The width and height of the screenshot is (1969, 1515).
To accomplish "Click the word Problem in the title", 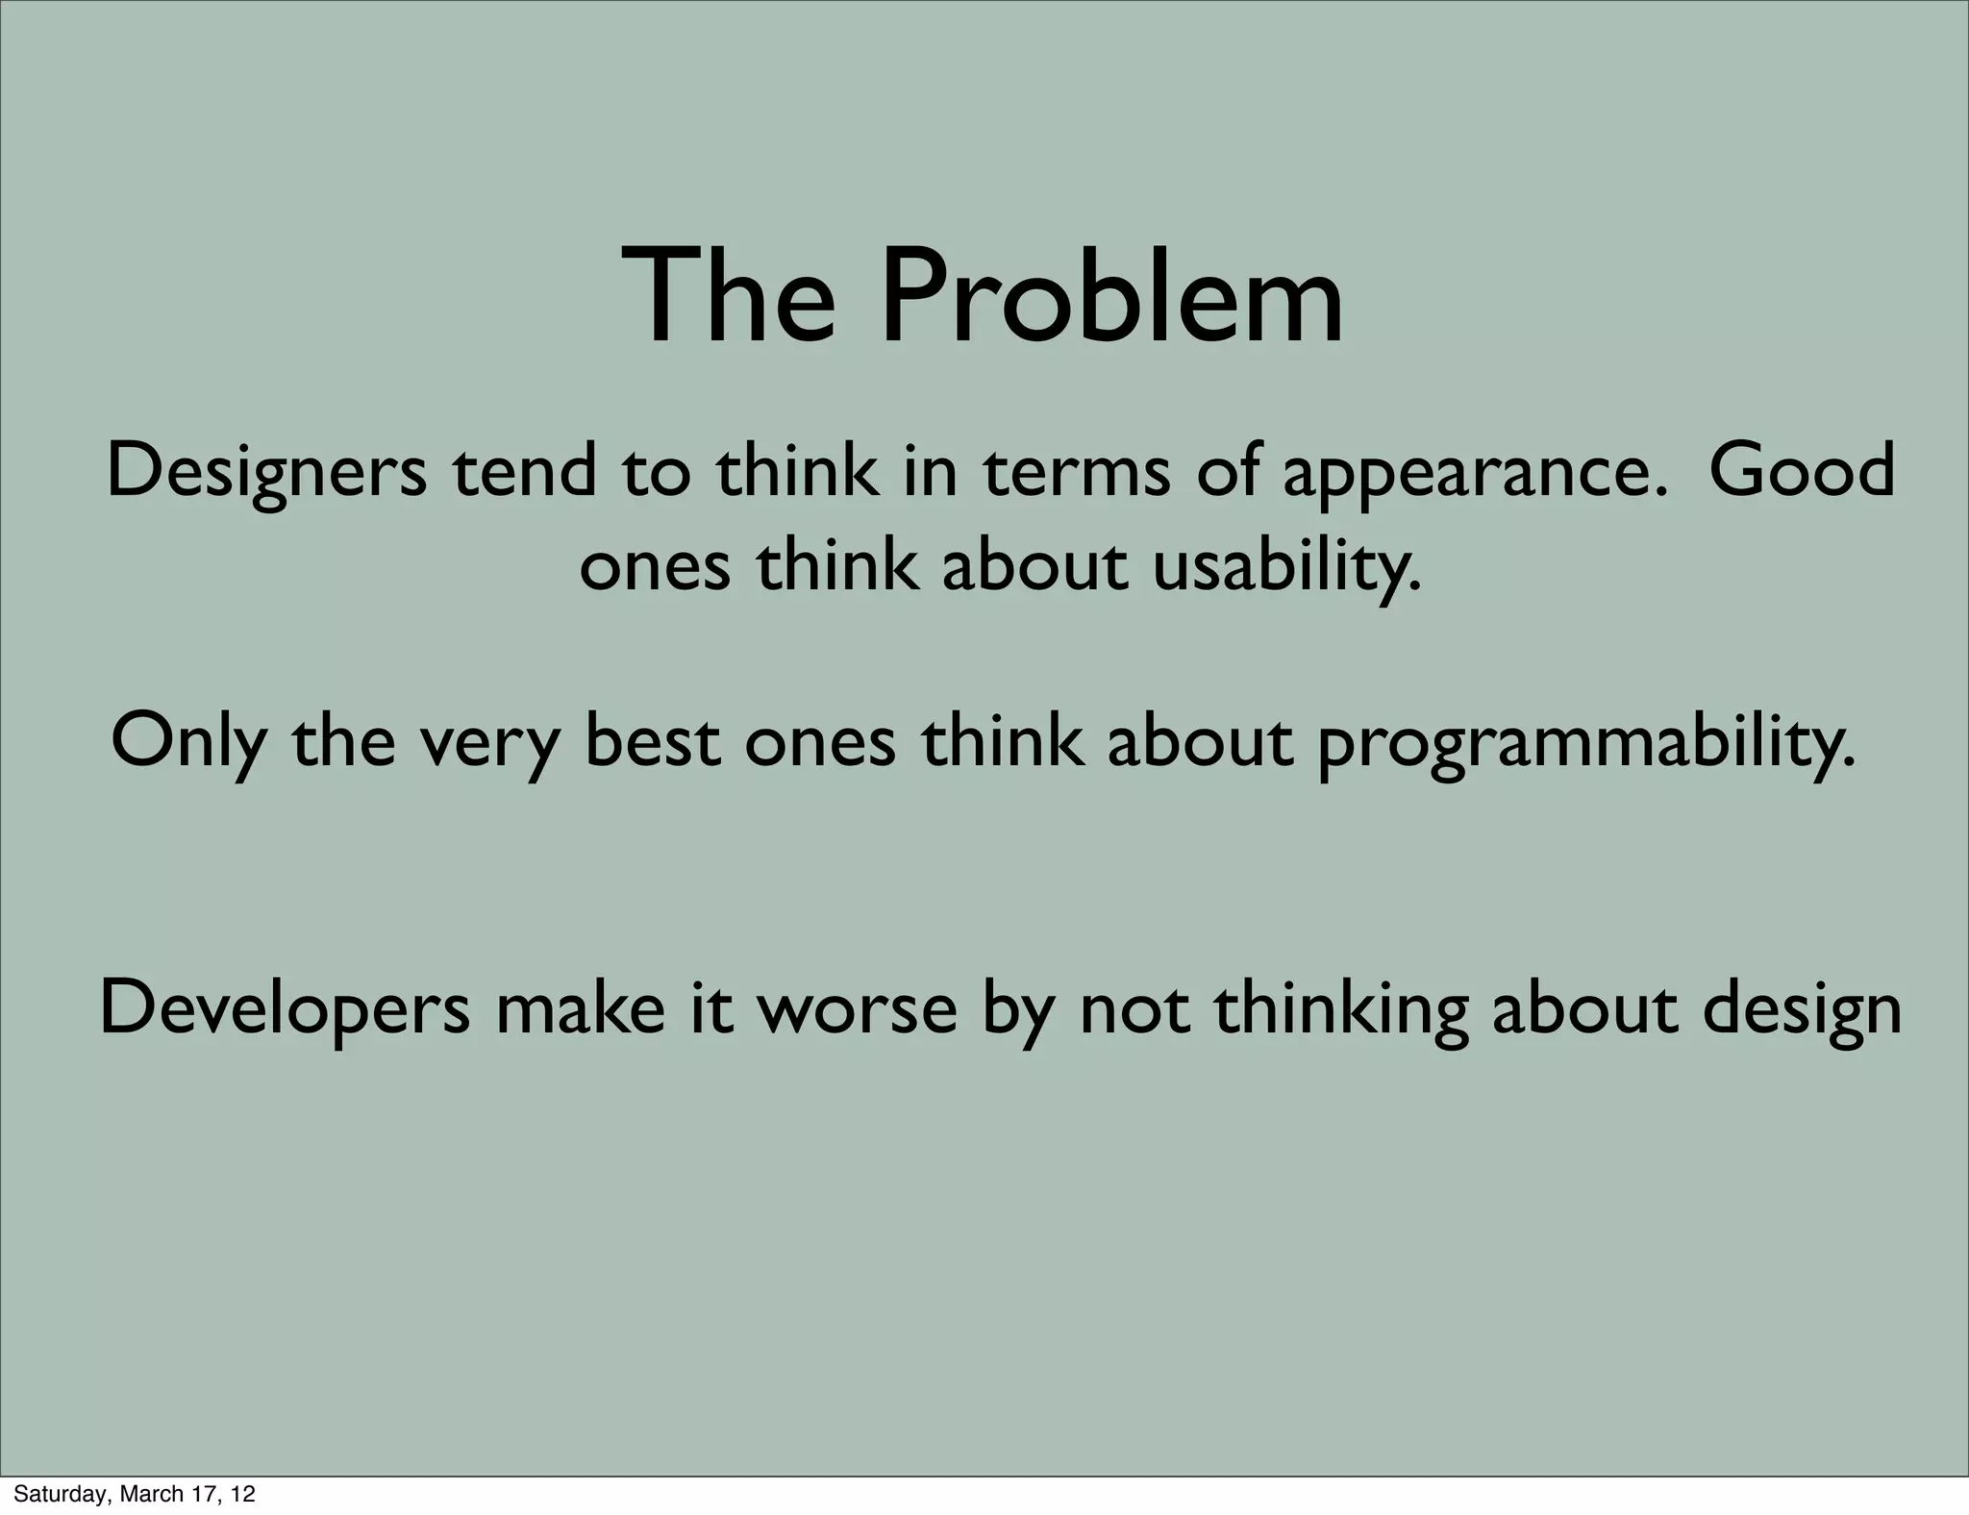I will tap(1111, 297).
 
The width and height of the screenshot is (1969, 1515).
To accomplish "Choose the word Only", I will tap(188, 741).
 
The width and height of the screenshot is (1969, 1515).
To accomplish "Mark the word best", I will tap(653, 741).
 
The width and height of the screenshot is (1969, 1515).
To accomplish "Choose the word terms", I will tap(1077, 472).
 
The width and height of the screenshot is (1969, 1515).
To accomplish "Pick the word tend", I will tap(525, 472).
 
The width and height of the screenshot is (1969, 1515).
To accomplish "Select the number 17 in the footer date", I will tap(203, 1494).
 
